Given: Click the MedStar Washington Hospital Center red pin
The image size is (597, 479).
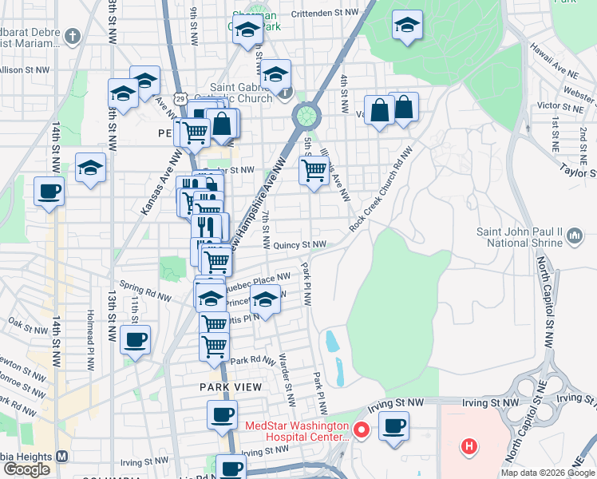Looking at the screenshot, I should (x=360, y=430).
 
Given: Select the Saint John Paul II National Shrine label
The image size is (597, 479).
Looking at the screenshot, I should (x=520, y=237).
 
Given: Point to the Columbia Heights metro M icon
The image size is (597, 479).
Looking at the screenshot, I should (x=61, y=457).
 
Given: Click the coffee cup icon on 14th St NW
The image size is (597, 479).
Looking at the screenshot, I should (x=49, y=192).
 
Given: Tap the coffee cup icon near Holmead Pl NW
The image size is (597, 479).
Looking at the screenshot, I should (x=135, y=338).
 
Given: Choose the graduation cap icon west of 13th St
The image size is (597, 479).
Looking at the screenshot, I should (x=91, y=168).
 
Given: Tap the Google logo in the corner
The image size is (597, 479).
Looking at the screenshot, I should (x=26, y=469).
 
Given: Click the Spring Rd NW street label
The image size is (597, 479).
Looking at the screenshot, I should (x=144, y=290).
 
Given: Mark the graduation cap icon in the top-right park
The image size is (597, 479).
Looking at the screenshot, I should (x=407, y=26).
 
